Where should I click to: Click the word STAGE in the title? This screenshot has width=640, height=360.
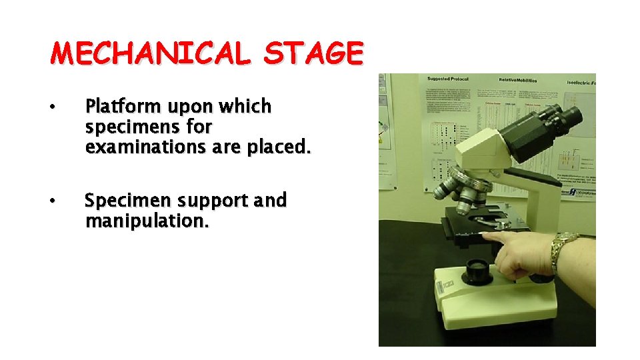[x=313, y=54]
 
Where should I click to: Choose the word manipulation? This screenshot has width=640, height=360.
[x=147, y=221]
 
